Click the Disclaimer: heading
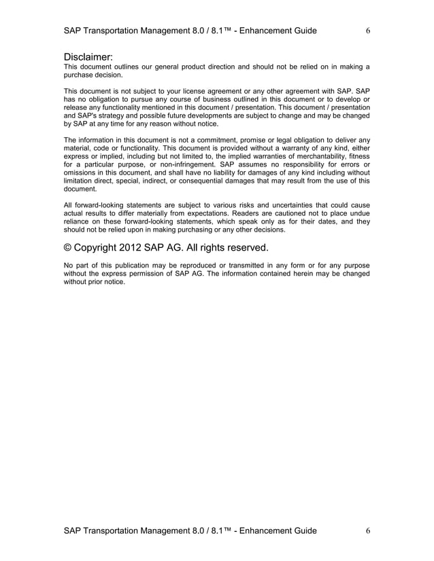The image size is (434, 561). click(x=88, y=56)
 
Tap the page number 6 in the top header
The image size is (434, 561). click(x=367, y=31)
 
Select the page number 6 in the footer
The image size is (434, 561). click(x=367, y=530)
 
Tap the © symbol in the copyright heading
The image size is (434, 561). click(x=69, y=247)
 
